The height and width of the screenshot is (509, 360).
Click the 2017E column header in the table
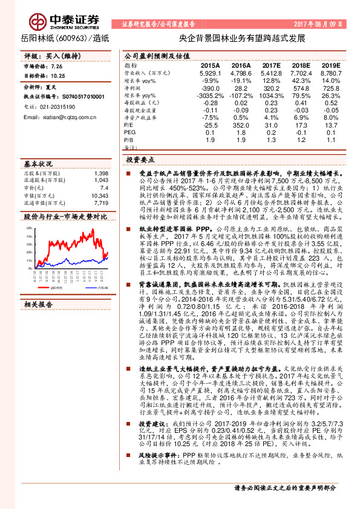[x=272, y=65]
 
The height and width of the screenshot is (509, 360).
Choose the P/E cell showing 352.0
[x=240, y=125]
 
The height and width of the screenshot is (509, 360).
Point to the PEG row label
[x=130, y=132]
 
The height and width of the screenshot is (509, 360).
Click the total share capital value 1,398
[x=101, y=173]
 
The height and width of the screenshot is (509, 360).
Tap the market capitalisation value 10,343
[x=99, y=196]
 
